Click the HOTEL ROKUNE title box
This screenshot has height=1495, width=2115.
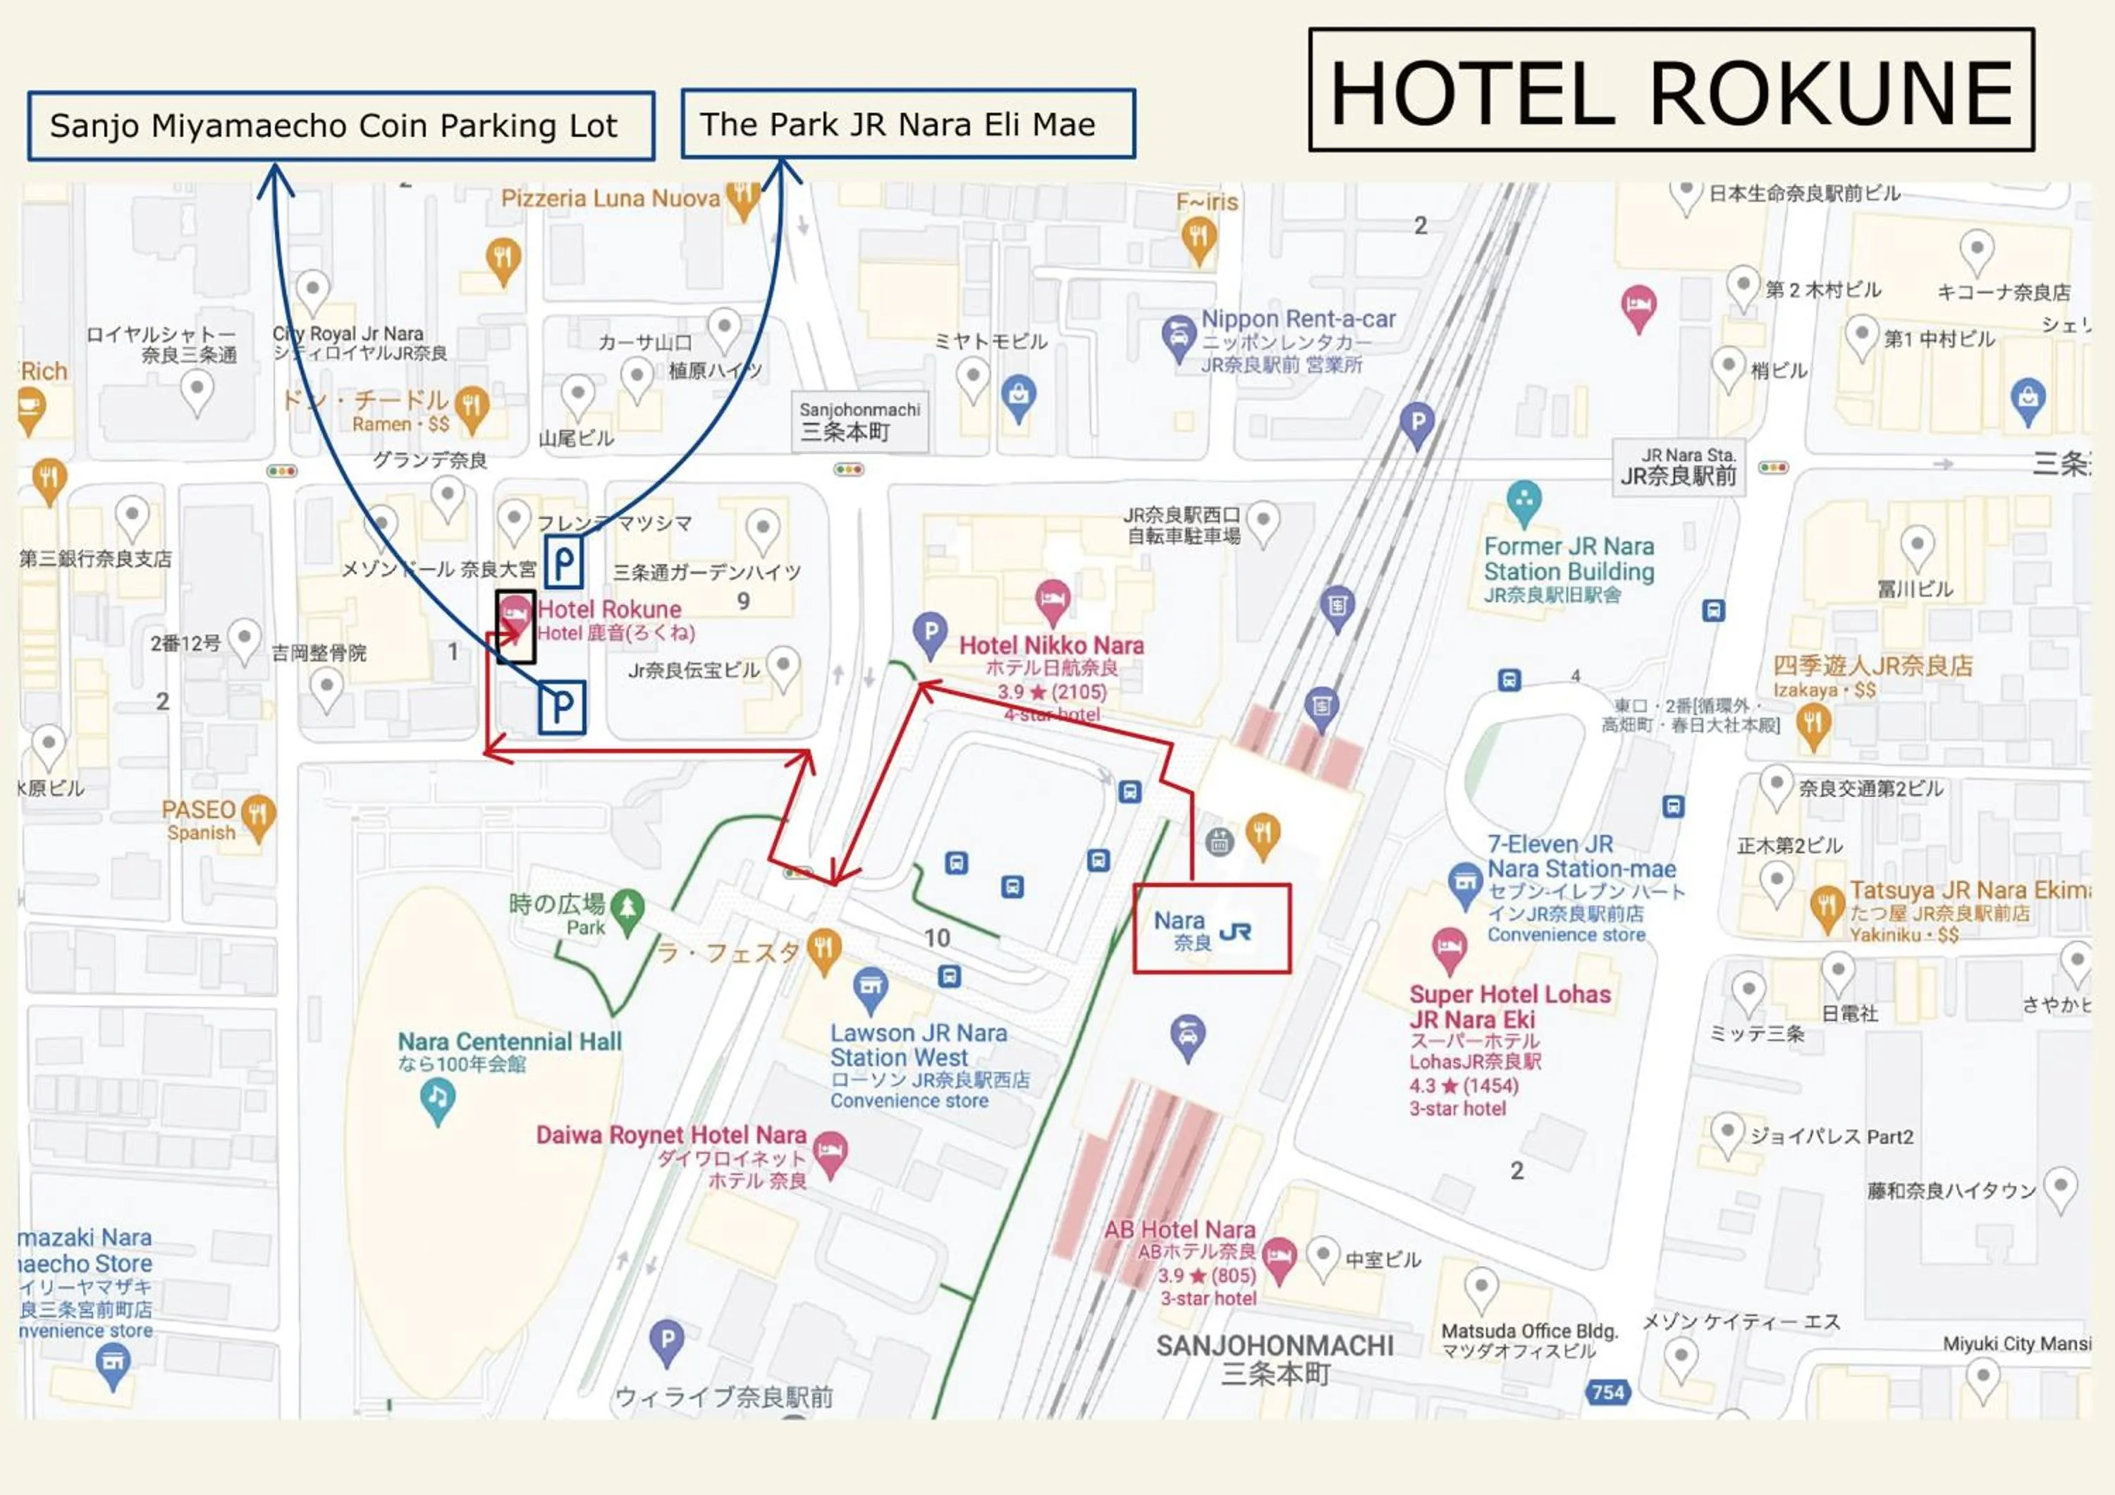click(1670, 90)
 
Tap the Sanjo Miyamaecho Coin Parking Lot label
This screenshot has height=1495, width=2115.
click(341, 126)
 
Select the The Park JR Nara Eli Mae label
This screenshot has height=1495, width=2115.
click(907, 124)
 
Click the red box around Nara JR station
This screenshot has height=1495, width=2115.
click(1210, 929)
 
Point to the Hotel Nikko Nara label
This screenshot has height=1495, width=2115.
click(1051, 646)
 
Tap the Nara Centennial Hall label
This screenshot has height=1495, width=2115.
click(510, 1042)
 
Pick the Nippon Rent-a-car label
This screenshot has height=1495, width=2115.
click(1298, 319)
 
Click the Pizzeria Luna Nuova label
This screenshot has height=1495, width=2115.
click(610, 199)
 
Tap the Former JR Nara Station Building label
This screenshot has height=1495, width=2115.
click(1569, 559)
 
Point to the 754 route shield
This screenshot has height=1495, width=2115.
click(1607, 1392)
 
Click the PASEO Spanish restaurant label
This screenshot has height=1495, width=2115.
click(199, 810)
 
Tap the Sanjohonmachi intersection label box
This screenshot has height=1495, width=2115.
click(859, 422)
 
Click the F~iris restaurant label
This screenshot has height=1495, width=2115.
click(1207, 202)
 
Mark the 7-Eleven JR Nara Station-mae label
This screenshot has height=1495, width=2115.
click(1581, 857)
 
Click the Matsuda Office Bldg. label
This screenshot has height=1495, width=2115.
click(1529, 1331)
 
